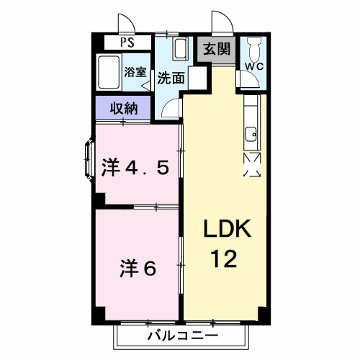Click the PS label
click(126, 42)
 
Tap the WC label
click(254, 66)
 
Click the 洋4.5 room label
click(135, 167)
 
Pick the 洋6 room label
click(138, 269)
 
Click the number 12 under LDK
click(224, 257)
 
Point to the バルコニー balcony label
click(182, 335)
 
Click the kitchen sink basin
click(251, 133)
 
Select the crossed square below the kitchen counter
click(253, 164)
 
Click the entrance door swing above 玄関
click(220, 24)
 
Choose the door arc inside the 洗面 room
click(170, 109)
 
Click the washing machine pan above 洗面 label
click(181, 52)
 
